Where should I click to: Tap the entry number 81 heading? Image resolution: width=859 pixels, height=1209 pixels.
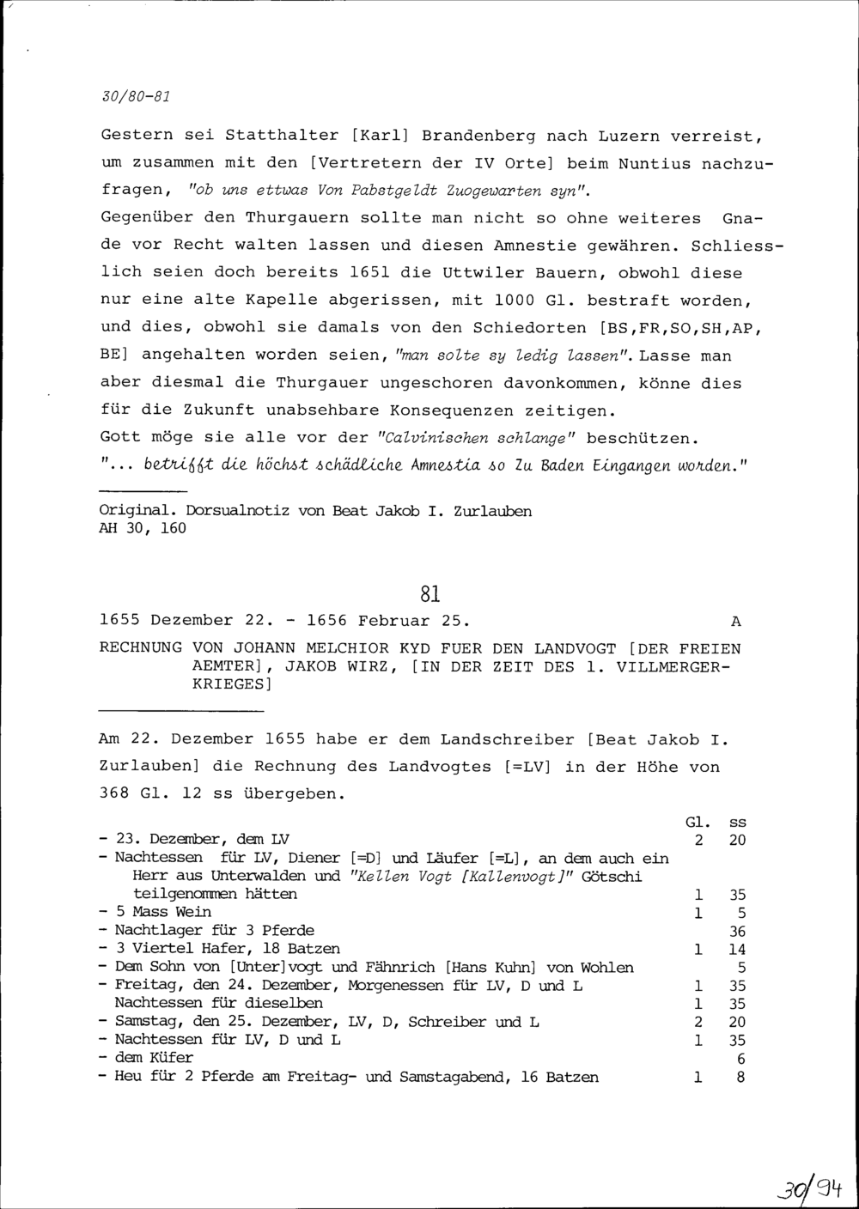[430, 593]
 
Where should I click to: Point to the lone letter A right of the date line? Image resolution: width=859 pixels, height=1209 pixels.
[735, 620]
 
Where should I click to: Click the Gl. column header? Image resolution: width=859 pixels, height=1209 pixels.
[698, 823]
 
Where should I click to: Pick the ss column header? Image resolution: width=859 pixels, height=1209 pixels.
[737, 823]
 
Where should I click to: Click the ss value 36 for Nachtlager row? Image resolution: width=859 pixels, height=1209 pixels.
[737, 931]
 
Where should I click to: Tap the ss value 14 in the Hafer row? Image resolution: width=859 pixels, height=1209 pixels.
[737, 950]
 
